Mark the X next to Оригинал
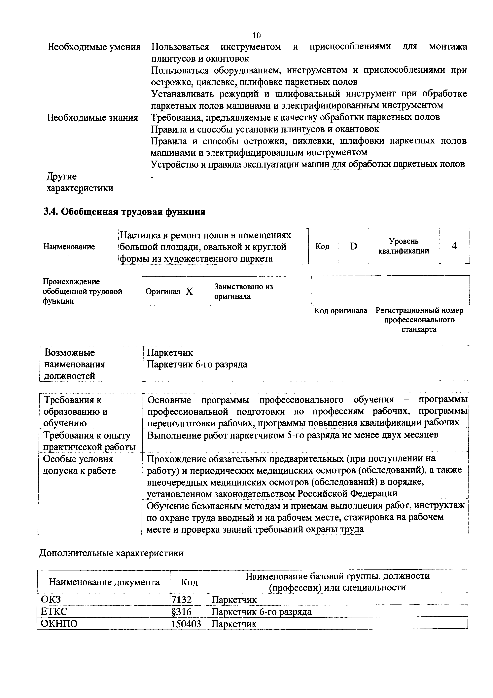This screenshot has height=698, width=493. [189, 291]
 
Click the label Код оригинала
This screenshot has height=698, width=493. [340, 311]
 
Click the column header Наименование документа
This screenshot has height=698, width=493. [104, 582]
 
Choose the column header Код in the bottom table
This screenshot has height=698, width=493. [189, 582]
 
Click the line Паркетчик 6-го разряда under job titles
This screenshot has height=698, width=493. [197, 364]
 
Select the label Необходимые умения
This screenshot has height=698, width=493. [94, 47]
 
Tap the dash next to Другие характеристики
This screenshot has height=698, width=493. [153, 177]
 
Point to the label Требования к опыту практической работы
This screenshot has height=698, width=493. [89, 441]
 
